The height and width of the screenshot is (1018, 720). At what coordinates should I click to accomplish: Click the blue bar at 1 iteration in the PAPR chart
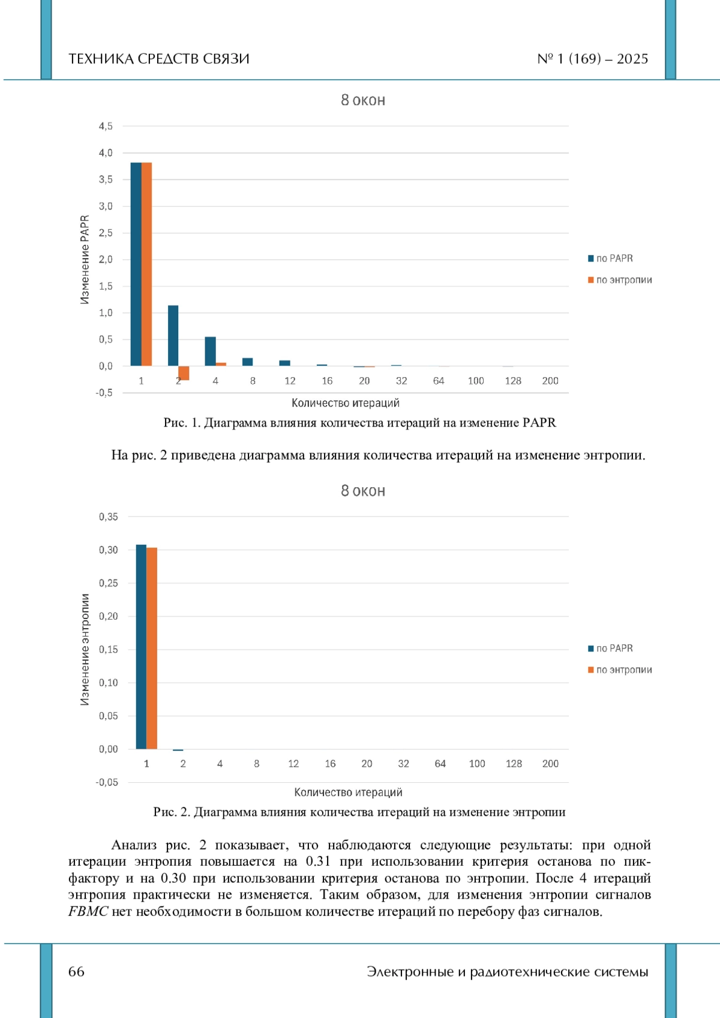point(136,264)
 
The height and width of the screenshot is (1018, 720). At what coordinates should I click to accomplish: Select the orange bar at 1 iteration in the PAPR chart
point(146,264)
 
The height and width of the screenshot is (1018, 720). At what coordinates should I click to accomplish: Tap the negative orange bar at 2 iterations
point(184,373)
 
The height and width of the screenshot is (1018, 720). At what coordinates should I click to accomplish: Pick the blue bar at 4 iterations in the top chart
point(210,352)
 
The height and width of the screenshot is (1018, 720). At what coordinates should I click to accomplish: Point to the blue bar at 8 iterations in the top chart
point(247,362)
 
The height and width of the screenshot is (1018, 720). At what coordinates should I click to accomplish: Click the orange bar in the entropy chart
point(152,648)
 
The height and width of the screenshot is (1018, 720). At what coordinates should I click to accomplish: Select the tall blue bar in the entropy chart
point(141,647)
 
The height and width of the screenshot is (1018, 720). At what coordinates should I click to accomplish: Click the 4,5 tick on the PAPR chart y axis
point(106,126)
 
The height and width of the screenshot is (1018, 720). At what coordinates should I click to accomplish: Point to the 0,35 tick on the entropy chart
point(108,516)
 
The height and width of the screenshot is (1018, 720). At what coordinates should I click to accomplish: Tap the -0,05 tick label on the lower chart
point(107,782)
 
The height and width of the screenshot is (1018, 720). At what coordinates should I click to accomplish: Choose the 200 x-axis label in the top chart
point(550,381)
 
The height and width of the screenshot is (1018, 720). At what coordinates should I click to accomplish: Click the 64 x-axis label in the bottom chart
point(440,764)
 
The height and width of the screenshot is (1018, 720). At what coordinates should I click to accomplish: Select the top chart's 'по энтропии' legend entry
point(620,280)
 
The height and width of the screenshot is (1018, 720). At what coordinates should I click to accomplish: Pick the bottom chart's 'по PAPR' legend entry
point(610,648)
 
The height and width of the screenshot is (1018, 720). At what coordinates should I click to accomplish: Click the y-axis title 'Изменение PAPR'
point(85,260)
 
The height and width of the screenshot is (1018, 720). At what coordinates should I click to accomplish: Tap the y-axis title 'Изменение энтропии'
point(85,650)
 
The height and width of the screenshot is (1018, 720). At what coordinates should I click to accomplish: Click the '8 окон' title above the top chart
point(363,100)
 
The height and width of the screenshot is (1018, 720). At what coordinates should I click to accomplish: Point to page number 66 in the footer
point(76,971)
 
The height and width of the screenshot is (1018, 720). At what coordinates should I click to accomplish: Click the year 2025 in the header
point(632,59)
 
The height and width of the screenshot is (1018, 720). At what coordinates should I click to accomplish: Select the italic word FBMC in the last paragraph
point(88,911)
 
